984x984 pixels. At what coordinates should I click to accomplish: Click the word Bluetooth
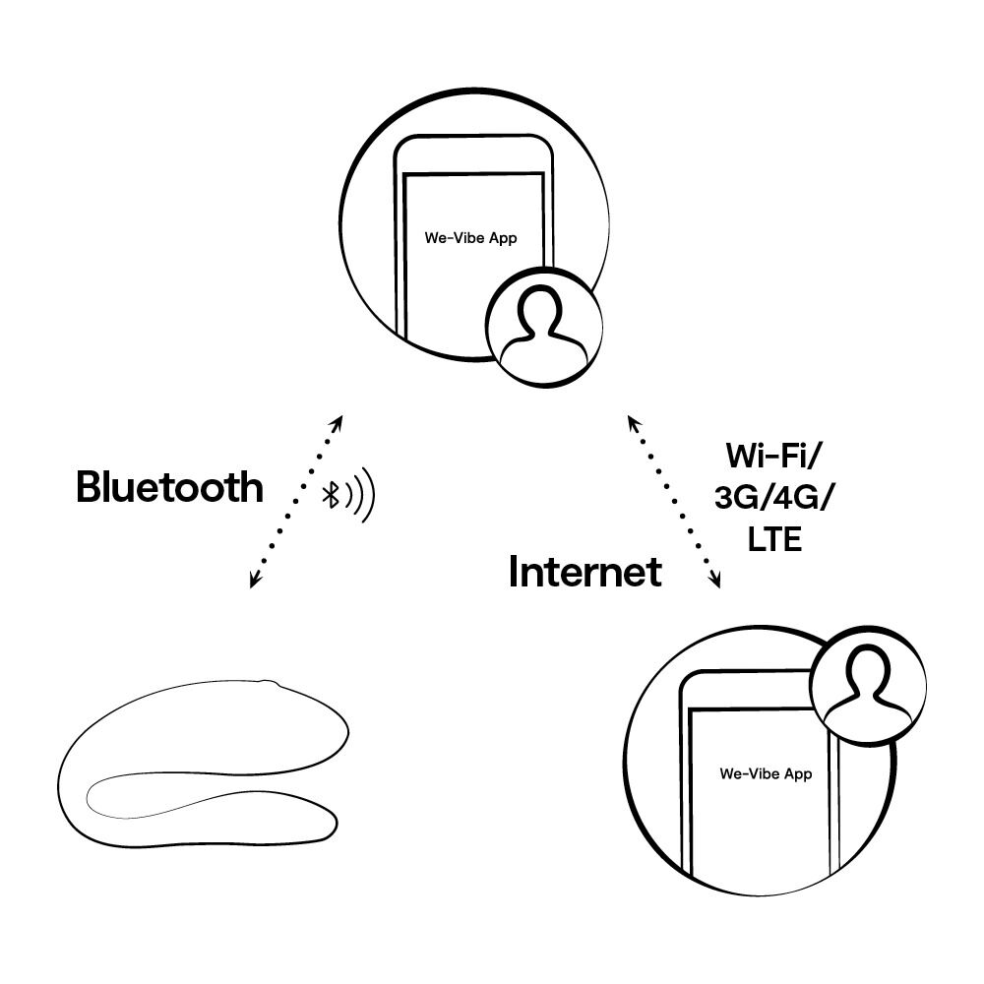click(169, 488)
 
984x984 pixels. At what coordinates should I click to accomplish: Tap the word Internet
click(584, 572)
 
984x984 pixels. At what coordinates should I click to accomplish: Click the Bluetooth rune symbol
click(333, 496)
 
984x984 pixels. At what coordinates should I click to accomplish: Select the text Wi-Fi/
click(773, 456)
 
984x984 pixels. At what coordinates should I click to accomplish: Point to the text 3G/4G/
click(773, 498)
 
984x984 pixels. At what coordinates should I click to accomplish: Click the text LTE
click(774, 540)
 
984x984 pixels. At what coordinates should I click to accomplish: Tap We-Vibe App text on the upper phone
click(470, 238)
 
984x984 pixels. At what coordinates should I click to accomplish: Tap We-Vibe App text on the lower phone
click(766, 773)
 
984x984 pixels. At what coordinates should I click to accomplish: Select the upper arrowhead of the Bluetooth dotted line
click(338, 422)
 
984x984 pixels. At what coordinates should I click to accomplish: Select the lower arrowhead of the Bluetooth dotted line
click(255, 582)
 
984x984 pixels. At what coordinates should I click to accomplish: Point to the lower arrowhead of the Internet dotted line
click(715, 582)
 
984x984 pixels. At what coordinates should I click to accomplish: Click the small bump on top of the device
click(269, 681)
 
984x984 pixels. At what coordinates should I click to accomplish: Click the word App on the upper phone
click(503, 238)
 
